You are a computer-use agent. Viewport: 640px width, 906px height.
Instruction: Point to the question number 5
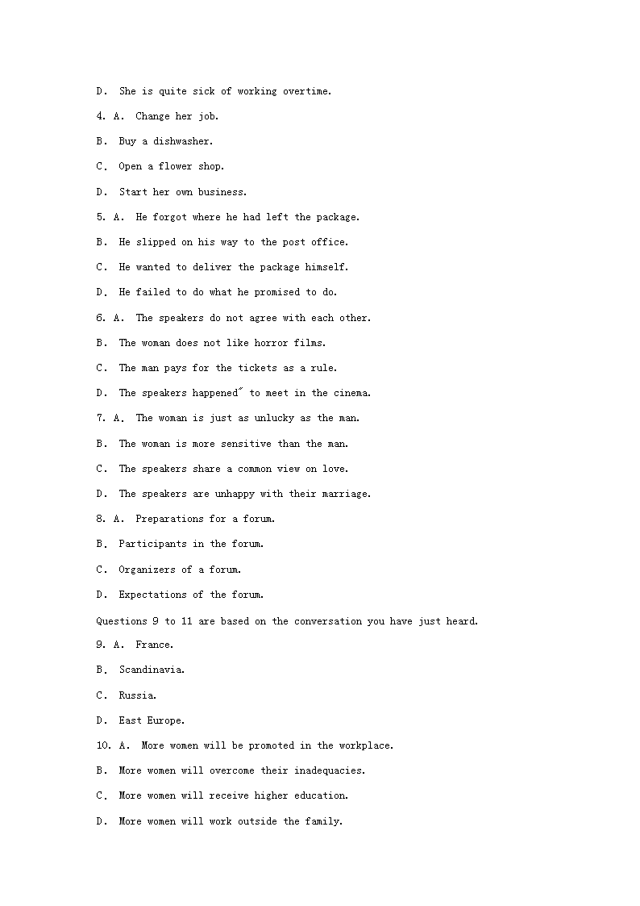tap(100, 217)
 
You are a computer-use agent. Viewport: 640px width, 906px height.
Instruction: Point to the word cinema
tap(351, 393)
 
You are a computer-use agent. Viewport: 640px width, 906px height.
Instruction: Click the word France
tap(153, 645)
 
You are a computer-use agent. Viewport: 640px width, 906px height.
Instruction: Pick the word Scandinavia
tap(151, 670)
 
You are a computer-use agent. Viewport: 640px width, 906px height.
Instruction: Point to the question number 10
tap(102, 745)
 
